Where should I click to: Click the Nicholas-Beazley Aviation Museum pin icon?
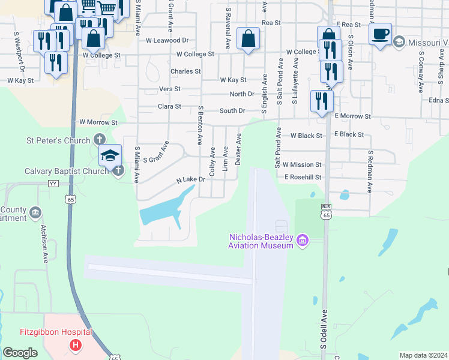pos(302,241)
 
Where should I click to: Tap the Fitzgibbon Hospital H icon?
pos(76,345)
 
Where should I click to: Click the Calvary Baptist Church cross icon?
pos(118,171)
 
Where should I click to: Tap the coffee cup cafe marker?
pos(380,34)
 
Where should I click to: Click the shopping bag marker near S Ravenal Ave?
pos(248,39)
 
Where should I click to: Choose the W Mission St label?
pos(302,164)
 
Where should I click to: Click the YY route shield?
pos(53,184)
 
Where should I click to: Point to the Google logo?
pos(20,353)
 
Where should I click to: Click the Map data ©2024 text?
pos(423,355)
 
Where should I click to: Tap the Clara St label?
pos(169,106)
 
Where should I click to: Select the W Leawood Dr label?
pos(167,40)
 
